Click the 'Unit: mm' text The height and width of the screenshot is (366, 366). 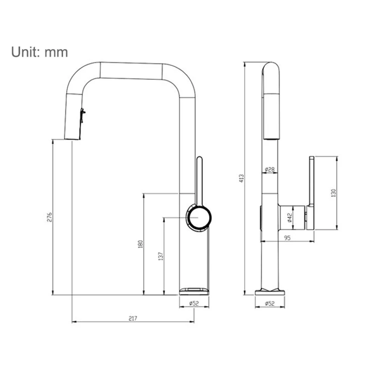pyautogui.click(x=40, y=52)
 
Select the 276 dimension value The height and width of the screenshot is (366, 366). pyautogui.click(x=50, y=217)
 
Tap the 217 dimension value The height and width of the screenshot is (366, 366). pyautogui.click(x=133, y=318)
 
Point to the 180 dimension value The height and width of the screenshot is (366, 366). pyautogui.click(x=140, y=244)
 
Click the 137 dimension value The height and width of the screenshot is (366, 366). pyautogui.click(x=161, y=256)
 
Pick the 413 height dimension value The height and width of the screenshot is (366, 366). pyautogui.click(x=242, y=178)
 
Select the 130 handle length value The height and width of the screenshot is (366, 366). pyautogui.click(x=334, y=193)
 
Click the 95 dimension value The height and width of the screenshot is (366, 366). pyautogui.click(x=287, y=238)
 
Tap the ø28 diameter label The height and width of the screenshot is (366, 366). pyautogui.click(x=270, y=169)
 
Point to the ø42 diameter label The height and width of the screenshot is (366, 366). pyautogui.click(x=290, y=217)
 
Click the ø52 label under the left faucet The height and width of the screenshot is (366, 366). pyautogui.click(x=194, y=303)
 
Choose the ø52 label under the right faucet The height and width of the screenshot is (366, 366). pyautogui.click(x=270, y=303)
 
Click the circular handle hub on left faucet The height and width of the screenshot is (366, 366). pyautogui.click(x=199, y=217)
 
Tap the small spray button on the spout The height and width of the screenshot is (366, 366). pyautogui.click(x=82, y=115)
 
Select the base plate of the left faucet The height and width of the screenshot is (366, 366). pyautogui.click(x=194, y=291)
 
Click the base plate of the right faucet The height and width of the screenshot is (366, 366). pyautogui.click(x=270, y=292)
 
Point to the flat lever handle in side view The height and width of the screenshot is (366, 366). pyautogui.click(x=311, y=193)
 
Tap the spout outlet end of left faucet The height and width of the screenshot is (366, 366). pyautogui.click(x=72, y=139)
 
